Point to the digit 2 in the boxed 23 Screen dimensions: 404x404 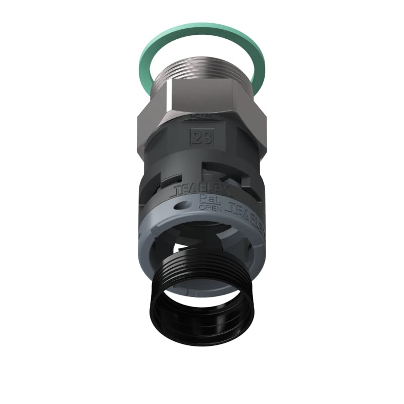click(197, 138)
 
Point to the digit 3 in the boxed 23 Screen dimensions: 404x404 click(206, 138)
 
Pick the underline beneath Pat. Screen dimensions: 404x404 click(207, 203)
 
